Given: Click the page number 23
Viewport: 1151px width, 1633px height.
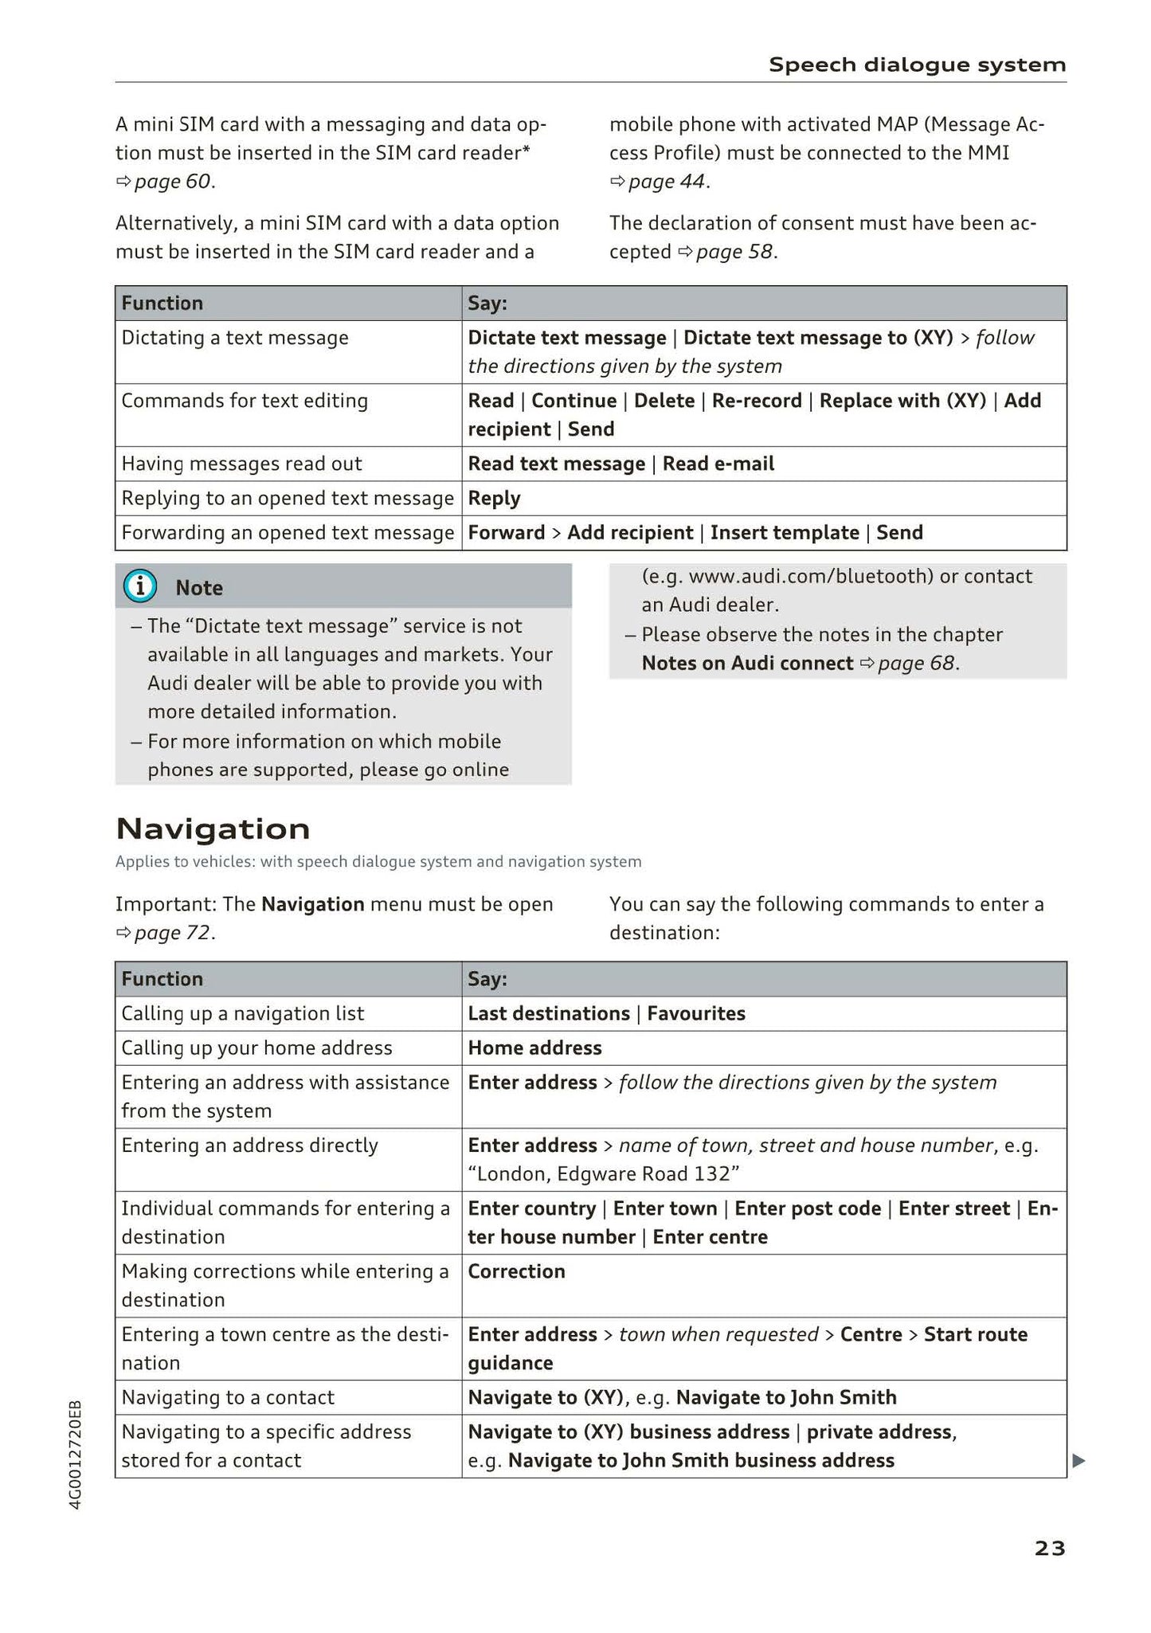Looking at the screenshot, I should click(1049, 1548).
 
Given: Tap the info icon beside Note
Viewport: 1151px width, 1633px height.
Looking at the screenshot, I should click(140, 587).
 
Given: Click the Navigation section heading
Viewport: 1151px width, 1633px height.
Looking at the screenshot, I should click(213, 829).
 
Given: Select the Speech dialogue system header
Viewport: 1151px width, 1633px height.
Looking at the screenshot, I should click(917, 65).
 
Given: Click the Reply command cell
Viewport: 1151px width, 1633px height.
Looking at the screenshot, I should click(494, 499).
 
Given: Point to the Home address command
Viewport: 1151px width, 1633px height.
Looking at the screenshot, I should click(534, 1048).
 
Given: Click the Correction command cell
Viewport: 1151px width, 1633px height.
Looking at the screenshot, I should click(516, 1271).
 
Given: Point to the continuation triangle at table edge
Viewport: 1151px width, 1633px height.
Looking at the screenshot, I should click(1079, 1460).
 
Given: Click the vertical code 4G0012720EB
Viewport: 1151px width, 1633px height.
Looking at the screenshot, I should click(75, 1454).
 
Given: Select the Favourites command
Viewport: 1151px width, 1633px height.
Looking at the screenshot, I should click(696, 1013).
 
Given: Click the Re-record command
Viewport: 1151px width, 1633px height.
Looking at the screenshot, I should click(757, 401).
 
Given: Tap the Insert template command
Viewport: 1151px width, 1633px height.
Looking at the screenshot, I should click(785, 533).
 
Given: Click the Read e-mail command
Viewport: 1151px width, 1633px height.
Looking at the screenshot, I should click(718, 464).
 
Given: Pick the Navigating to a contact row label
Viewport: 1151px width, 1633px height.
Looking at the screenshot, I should click(228, 1397).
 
